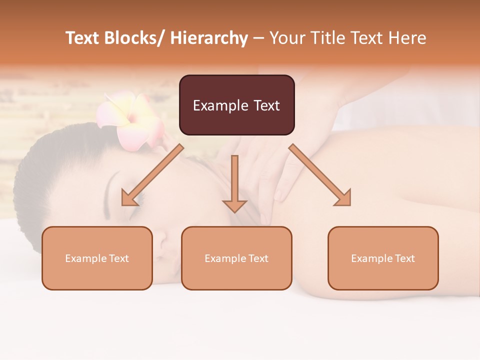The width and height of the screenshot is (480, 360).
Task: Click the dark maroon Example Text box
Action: (x=236, y=105)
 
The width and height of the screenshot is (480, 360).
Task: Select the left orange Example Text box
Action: (x=97, y=258)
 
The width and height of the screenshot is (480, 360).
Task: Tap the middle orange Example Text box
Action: (x=236, y=258)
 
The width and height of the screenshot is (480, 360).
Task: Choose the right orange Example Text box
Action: (x=383, y=258)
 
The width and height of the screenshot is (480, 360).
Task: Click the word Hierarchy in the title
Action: (x=209, y=38)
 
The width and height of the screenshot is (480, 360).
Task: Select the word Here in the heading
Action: (x=407, y=38)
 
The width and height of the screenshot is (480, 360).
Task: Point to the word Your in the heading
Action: (x=285, y=38)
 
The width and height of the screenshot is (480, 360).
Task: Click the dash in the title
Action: (x=258, y=38)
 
